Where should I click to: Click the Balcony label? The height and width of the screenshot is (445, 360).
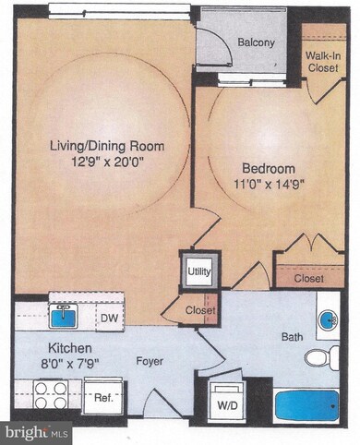(252, 42)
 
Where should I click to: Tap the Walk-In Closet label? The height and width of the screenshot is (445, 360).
(323, 61)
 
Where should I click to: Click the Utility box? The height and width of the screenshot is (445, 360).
(199, 271)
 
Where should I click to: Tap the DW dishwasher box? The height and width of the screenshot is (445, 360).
(108, 317)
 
